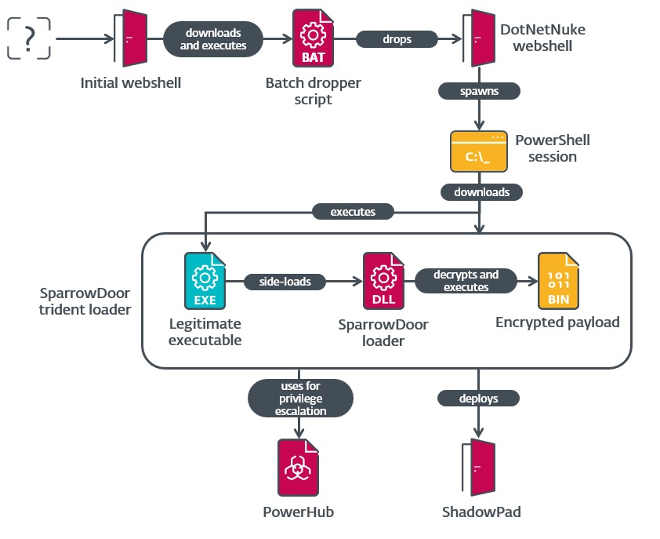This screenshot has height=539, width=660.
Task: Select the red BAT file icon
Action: coord(313,38)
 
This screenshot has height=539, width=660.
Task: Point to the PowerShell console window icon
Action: coord(477,151)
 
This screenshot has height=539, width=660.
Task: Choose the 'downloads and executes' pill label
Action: coord(213,39)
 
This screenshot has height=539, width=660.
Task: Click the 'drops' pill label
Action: coord(397,39)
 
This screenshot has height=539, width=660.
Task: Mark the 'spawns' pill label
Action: coord(478,91)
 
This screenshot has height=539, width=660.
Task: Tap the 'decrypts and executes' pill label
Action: coord(466,281)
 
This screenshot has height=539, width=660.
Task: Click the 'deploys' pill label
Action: coord(478,399)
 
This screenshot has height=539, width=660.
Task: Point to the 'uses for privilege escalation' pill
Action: coord(298,399)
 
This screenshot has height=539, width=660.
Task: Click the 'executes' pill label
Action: coord(353,212)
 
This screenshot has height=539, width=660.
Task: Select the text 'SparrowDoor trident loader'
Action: coord(85,301)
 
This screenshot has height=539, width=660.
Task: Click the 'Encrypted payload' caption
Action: coord(557,322)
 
